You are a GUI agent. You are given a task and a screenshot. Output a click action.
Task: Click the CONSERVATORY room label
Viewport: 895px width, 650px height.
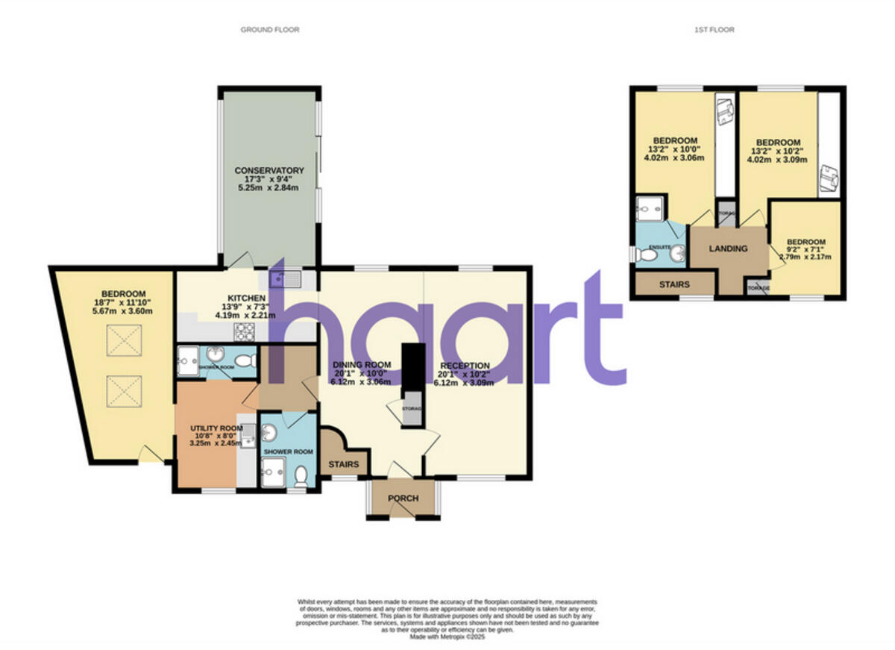[x=268, y=170]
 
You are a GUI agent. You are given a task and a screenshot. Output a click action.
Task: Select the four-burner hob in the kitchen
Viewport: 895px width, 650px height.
[x=245, y=332]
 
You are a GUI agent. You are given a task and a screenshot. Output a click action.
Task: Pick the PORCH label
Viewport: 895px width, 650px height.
[x=402, y=499]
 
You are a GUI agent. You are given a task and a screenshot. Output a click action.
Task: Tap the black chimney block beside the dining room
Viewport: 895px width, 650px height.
[x=411, y=373]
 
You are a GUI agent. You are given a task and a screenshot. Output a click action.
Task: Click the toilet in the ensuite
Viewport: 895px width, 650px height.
[x=648, y=256]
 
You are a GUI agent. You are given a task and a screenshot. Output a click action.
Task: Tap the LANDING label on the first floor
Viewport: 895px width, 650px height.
[x=728, y=249]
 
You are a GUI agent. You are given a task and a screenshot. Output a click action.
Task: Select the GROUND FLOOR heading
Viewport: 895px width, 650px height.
[x=269, y=30]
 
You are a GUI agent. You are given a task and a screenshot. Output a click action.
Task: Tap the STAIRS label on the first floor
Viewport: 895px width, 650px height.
[x=674, y=284]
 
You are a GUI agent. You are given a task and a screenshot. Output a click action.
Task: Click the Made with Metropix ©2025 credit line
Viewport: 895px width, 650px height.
[x=447, y=637]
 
